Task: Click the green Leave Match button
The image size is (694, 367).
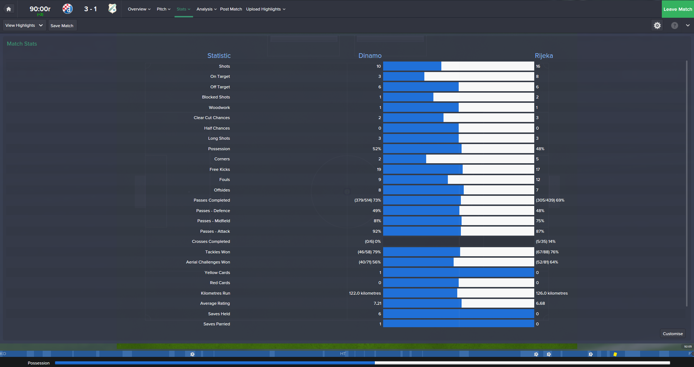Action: [x=677, y=9]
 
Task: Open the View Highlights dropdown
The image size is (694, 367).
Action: [x=24, y=25]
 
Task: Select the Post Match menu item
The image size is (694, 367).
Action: [x=231, y=9]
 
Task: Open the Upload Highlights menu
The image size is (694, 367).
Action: [x=266, y=9]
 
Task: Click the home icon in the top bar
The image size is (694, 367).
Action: [x=9, y=9]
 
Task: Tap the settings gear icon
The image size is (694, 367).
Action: [x=657, y=25]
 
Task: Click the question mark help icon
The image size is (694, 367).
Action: [x=674, y=25]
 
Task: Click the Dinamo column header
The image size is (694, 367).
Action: [x=370, y=56]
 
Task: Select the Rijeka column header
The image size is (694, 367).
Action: [x=544, y=56]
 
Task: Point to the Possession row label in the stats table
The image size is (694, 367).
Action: [x=219, y=149]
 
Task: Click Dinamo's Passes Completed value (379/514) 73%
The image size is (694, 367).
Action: [x=368, y=200]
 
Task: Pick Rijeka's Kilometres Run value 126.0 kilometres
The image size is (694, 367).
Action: [x=552, y=293]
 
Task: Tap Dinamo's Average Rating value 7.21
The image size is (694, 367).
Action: [x=377, y=303]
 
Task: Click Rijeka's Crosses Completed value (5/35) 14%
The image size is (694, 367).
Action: [x=545, y=241]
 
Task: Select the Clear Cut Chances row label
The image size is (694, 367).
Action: [x=211, y=118]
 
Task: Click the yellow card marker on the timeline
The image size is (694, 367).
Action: [x=615, y=354]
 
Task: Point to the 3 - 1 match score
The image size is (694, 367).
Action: [x=90, y=9]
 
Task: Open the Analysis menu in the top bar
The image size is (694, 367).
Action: [x=206, y=9]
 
